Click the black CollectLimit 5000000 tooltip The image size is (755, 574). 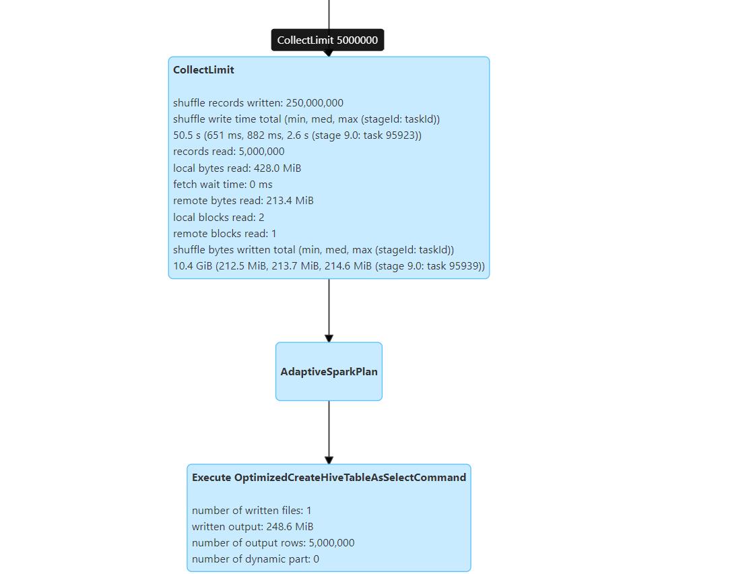click(x=327, y=40)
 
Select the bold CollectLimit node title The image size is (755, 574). click(x=203, y=70)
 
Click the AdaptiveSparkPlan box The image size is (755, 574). click(x=329, y=371)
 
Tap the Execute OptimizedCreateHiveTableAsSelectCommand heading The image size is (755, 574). click(x=329, y=477)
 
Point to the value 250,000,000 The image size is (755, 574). click(x=315, y=103)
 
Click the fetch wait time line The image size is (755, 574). click(x=223, y=185)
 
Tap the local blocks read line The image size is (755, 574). click(x=219, y=217)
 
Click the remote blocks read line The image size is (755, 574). click(x=225, y=234)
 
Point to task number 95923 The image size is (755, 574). click(x=402, y=135)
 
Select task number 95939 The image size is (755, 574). click(x=465, y=266)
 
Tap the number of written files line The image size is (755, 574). click(x=252, y=511)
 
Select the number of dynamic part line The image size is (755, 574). click(x=256, y=559)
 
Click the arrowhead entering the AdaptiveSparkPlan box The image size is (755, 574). click(x=329, y=338)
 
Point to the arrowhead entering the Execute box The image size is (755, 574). click(x=329, y=460)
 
